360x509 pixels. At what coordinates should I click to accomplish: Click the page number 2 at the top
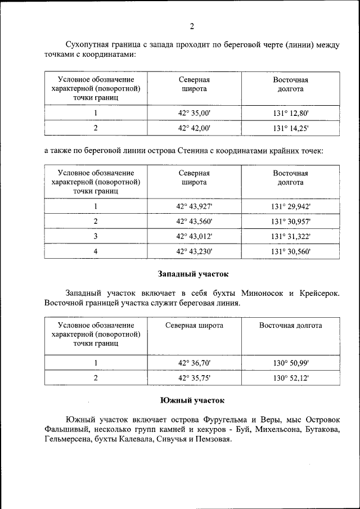click(x=192, y=26)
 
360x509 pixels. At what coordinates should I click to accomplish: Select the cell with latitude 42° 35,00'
click(x=194, y=113)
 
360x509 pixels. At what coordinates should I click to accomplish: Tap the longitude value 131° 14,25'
click(x=290, y=128)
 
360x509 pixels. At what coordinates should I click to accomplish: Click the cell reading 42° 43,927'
click(x=194, y=206)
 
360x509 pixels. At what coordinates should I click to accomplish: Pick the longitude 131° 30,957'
click(x=290, y=222)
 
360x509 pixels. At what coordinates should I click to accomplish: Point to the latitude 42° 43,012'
click(x=194, y=236)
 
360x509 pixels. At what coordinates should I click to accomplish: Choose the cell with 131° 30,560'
click(x=290, y=251)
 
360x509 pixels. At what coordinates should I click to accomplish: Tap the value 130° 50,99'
click(x=290, y=363)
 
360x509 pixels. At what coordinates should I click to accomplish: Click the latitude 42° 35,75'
click(x=194, y=379)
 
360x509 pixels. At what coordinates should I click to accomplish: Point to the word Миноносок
click(x=264, y=293)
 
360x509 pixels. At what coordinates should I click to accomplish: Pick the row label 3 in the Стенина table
click(x=96, y=236)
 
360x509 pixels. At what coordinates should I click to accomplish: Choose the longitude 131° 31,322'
click(x=290, y=236)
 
